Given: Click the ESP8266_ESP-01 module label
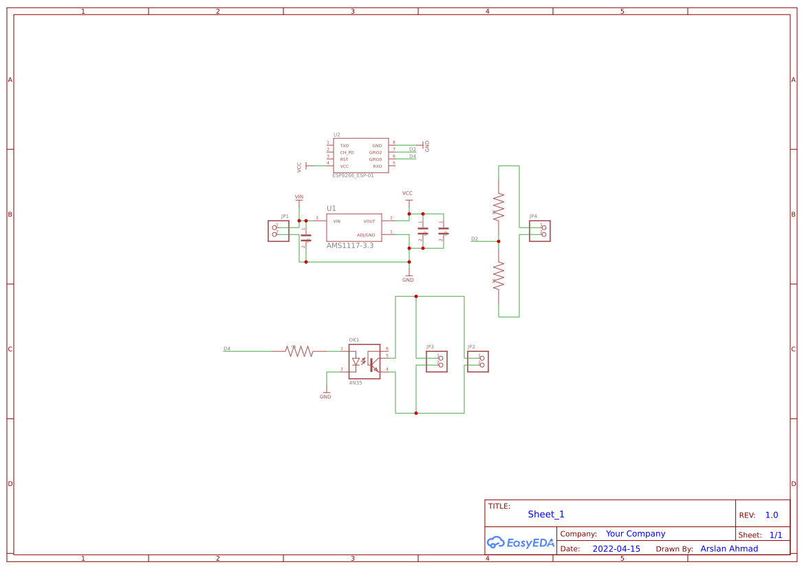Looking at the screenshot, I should [x=353, y=175].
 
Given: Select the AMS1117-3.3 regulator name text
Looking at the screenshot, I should [x=349, y=245].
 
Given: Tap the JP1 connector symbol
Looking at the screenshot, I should [x=279, y=231].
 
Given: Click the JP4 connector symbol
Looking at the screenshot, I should [x=540, y=231].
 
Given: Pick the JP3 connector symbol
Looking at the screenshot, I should [x=437, y=361].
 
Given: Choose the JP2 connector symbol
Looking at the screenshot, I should [x=478, y=361].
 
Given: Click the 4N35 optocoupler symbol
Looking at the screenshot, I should [x=365, y=361].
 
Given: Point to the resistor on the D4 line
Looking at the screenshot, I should [x=299, y=351].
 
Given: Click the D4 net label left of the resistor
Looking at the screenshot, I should [x=227, y=349].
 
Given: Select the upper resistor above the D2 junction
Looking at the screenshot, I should [x=499, y=205].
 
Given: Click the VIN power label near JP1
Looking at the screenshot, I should [x=299, y=197].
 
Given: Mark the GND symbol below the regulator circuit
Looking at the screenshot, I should [x=408, y=278].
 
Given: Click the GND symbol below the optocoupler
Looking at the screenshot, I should [x=325, y=395].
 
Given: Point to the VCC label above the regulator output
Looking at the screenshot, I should [x=407, y=194].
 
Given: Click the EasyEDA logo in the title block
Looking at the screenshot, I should [x=521, y=542].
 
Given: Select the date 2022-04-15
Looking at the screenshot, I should [x=616, y=549].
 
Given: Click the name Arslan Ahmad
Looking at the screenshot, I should [x=729, y=549].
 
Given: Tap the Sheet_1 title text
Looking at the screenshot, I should [x=546, y=515].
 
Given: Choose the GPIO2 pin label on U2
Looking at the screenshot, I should [x=375, y=153].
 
